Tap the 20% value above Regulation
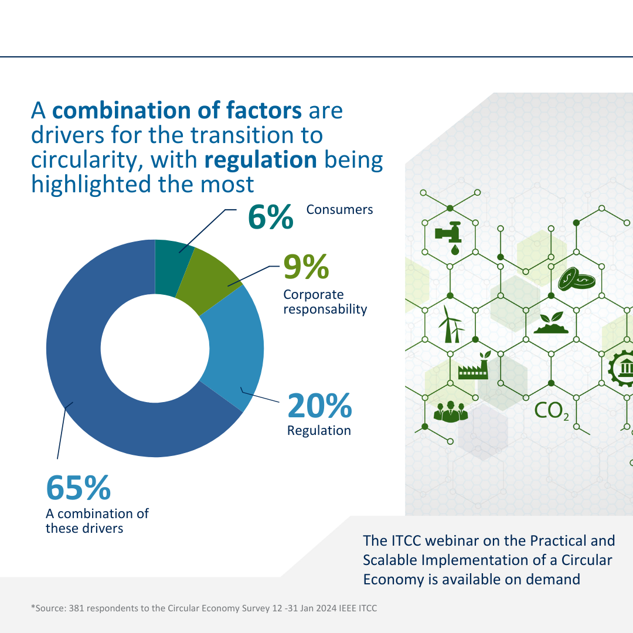(319, 406)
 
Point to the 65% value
(79, 487)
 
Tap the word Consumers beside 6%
(339, 209)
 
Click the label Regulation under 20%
(319, 430)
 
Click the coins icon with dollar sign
(576, 280)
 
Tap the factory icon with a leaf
(475, 366)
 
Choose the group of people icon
(450, 411)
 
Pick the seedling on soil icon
(551, 323)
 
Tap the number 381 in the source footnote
(79, 608)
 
